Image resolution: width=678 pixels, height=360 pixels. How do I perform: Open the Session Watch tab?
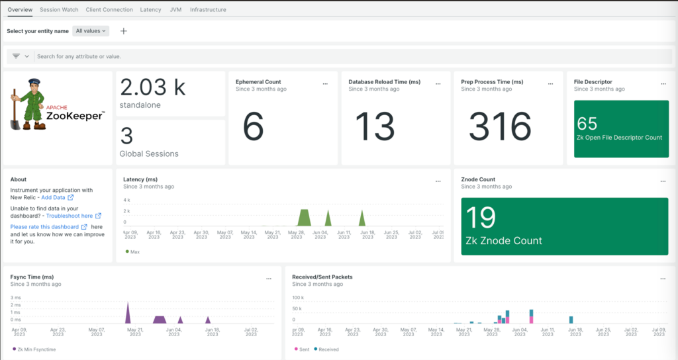click(x=59, y=10)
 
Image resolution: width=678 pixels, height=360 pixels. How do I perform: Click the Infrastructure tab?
click(x=208, y=10)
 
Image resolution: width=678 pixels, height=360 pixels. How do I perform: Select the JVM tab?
click(x=175, y=10)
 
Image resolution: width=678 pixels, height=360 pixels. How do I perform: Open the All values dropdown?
click(x=91, y=31)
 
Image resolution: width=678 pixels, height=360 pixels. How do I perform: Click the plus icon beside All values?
click(x=124, y=31)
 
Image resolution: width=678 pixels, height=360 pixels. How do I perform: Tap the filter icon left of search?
click(x=17, y=57)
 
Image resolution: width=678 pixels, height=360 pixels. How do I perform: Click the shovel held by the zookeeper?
click(x=15, y=112)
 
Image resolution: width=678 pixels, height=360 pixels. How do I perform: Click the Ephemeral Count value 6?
click(x=254, y=126)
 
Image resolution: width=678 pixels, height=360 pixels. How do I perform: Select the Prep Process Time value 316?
click(x=501, y=126)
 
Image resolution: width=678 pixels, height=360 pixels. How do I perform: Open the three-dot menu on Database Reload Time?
click(x=438, y=83)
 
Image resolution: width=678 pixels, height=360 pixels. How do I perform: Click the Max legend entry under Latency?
click(x=133, y=251)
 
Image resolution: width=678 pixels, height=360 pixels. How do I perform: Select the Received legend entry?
click(x=327, y=349)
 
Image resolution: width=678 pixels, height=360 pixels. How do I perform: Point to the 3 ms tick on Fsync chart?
click(x=16, y=298)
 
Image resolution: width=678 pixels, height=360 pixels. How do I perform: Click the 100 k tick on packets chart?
click(x=297, y=298)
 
